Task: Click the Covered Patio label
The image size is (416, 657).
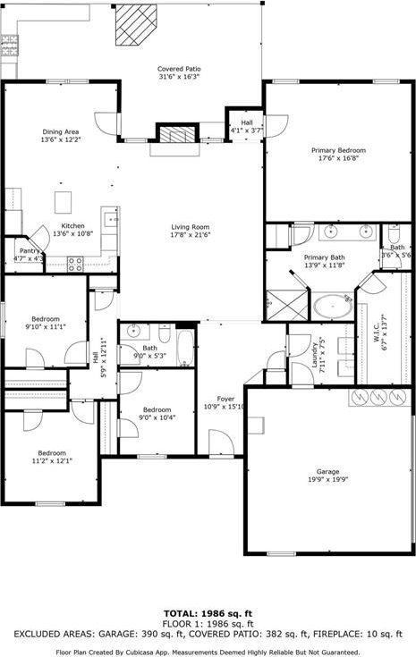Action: pos(178,69)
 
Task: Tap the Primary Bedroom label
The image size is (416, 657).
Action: pos(338,150)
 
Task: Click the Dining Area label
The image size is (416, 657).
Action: pos(60,131)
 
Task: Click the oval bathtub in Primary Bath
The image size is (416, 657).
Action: pos(333,306)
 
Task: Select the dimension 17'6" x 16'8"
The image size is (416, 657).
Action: pos(338,159)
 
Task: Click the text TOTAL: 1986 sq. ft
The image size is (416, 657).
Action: pos(208,614)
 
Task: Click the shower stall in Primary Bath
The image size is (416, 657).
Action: pos(285,304)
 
